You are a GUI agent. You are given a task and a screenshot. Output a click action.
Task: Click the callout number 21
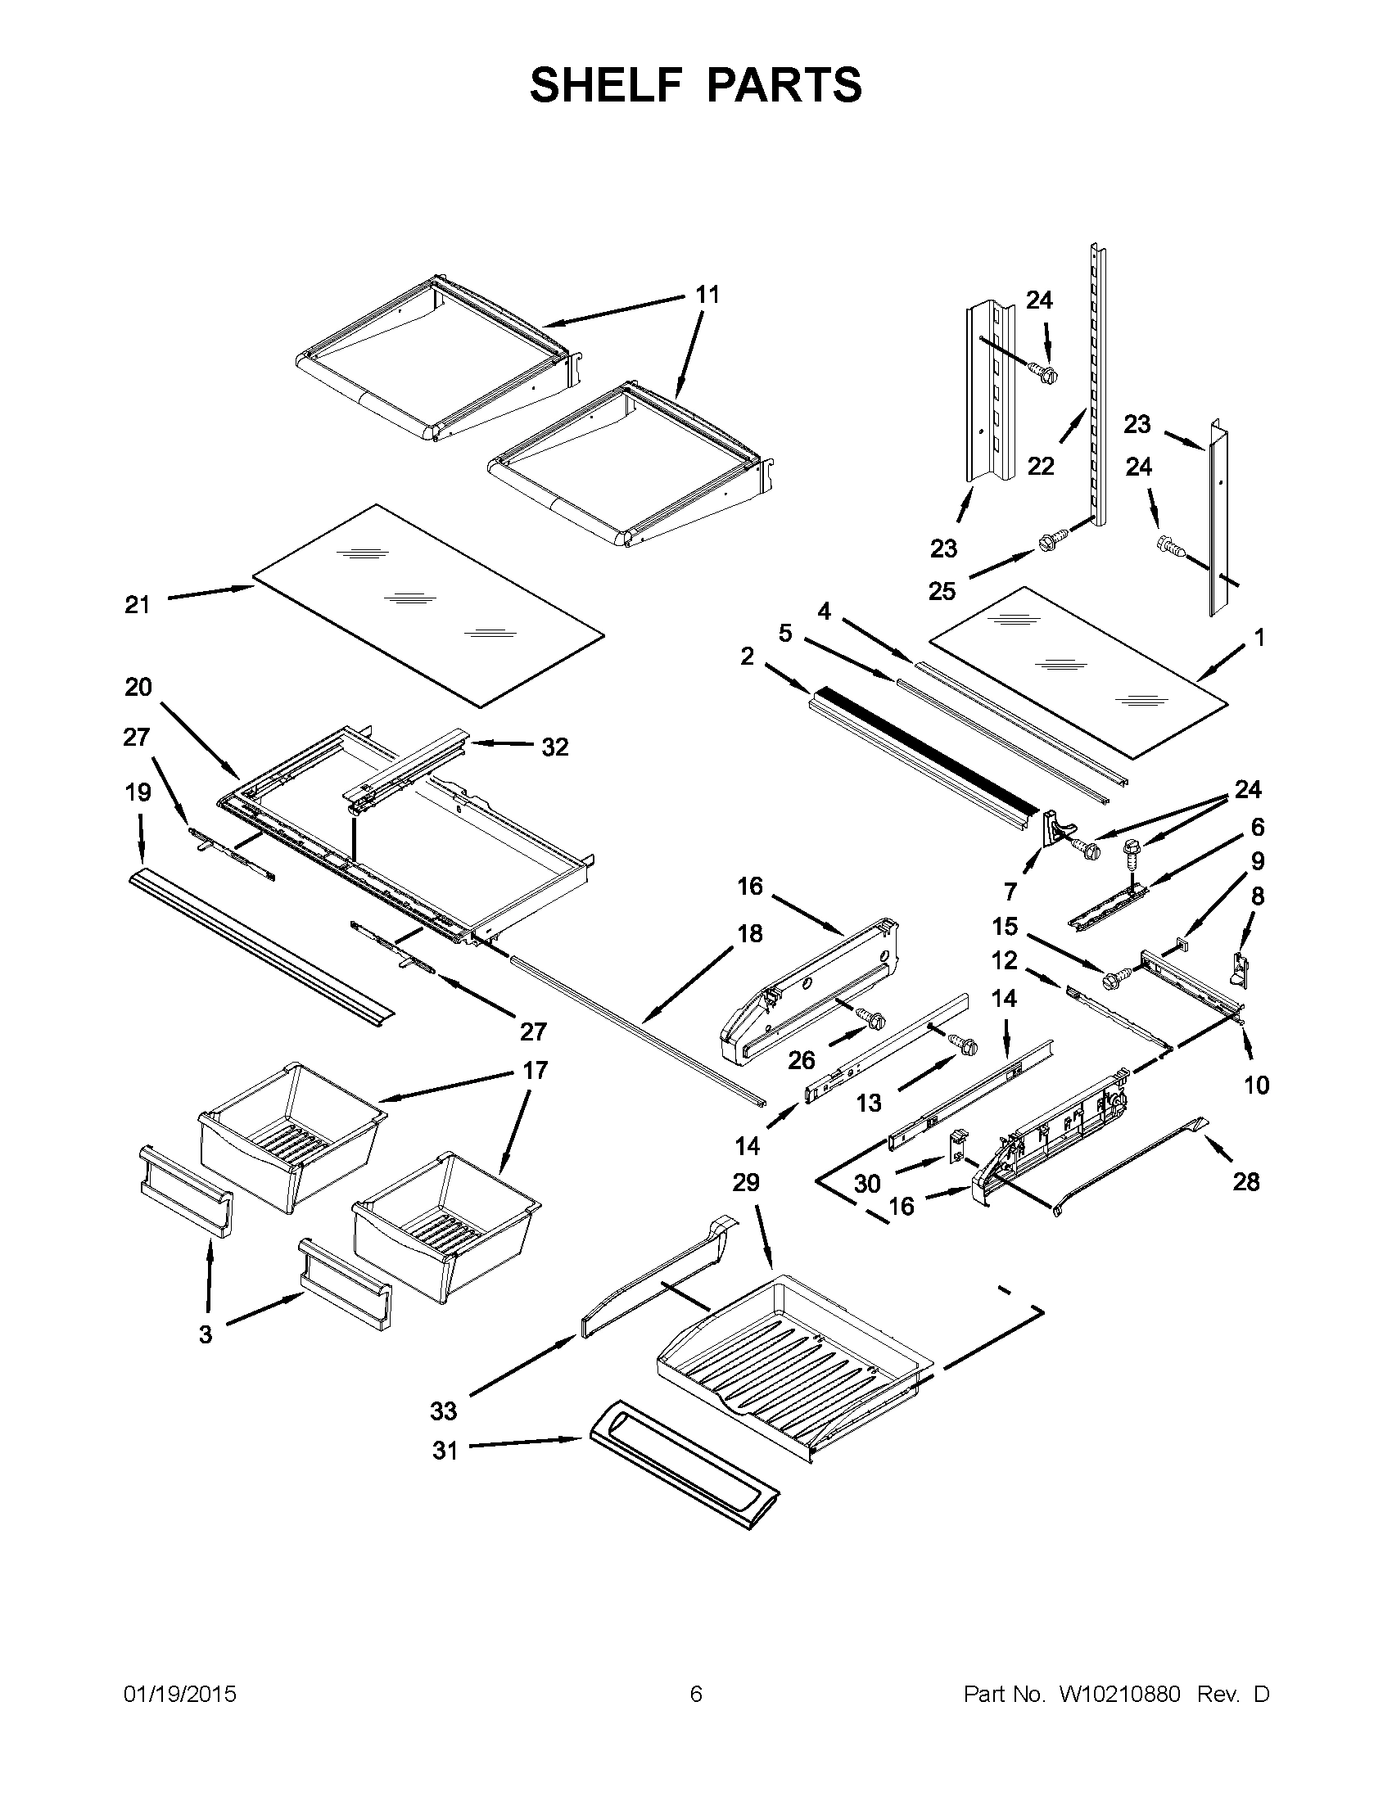138,604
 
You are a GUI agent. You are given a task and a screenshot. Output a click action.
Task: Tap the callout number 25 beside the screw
942,590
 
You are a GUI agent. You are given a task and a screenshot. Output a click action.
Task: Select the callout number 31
445,1450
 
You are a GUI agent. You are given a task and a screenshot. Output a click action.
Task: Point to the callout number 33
443,1411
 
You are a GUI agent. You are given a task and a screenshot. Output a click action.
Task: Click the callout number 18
749,933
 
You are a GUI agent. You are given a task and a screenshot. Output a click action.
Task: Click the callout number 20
138,686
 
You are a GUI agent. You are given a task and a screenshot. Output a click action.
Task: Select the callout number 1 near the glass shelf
1259,637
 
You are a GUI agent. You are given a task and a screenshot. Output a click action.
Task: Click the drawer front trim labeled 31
685,1467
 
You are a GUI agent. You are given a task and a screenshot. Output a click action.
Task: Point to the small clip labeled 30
958,1145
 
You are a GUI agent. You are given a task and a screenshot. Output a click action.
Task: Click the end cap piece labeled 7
1057,828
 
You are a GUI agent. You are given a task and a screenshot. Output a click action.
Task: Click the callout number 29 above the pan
745,1183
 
